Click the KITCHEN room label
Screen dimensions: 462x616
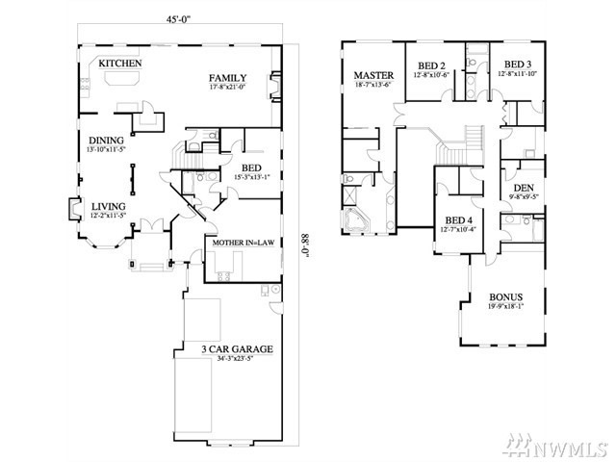(x=120, y=64)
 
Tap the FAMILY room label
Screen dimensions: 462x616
(x=228, y=78)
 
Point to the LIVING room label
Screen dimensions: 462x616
(x=108, y=206)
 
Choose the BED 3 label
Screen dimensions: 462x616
(x=519, y=64)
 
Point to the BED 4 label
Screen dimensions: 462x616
(x=458, y=220)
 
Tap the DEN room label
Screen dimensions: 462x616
(x=524, y=188)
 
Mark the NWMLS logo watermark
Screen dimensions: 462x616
(x=568, y=447)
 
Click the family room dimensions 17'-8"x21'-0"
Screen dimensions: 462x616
(x=228, y=89)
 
